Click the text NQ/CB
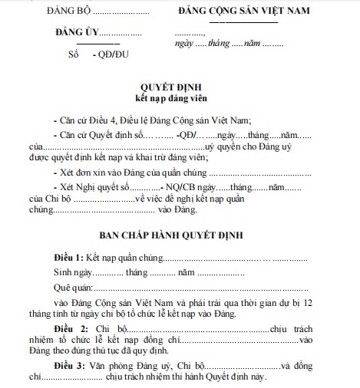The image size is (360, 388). point(178,187)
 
